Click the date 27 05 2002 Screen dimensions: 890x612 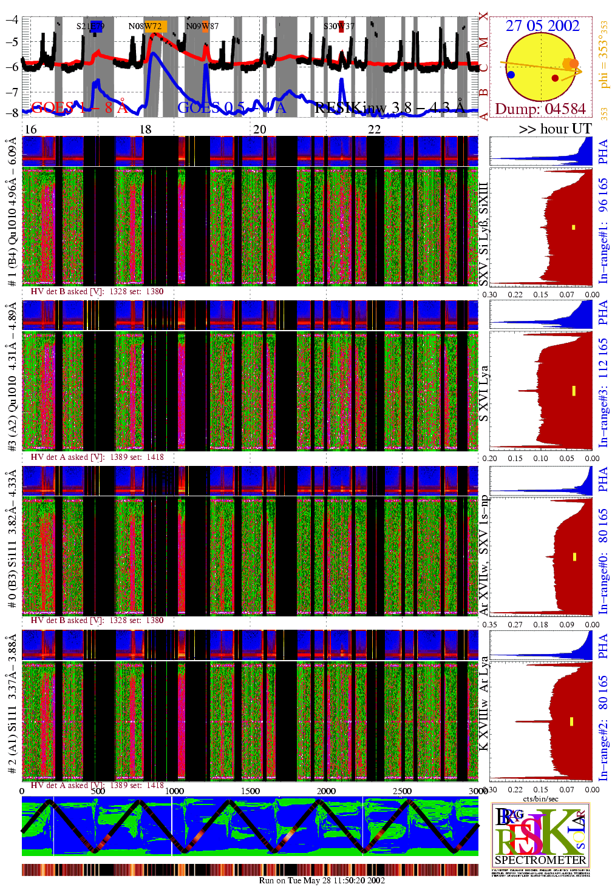(x=542, y=25)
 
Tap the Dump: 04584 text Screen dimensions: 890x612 (x=540, y=109)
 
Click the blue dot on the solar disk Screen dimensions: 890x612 (x=511, y=75)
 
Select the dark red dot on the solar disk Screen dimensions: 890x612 (x=555, y=78)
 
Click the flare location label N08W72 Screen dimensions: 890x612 (x=145, y=26)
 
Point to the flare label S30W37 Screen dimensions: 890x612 (x=338, y=26)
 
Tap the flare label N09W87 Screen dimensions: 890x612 (x=202, y=26)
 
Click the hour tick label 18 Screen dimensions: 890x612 (x=145, y=129)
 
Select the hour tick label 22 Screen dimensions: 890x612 (x=374, y=129)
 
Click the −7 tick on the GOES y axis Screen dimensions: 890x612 (x=12, y=91)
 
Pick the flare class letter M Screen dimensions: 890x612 (x=483, y=42)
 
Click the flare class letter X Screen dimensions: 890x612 (x=483, y=16)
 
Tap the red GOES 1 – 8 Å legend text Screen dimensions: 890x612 (x=79, y=108)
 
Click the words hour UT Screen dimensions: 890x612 (x=565, y=129)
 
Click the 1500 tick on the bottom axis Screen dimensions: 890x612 (x=250, y=791)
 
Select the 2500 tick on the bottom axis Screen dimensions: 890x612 (x=402, y=791)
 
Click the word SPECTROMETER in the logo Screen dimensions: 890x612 (x=540, y=860)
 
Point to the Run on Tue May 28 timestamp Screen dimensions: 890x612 (x=322, y=880)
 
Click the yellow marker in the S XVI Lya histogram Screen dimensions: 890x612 (x=574, y=391)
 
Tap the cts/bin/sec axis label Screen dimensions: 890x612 (x=540, y=798)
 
